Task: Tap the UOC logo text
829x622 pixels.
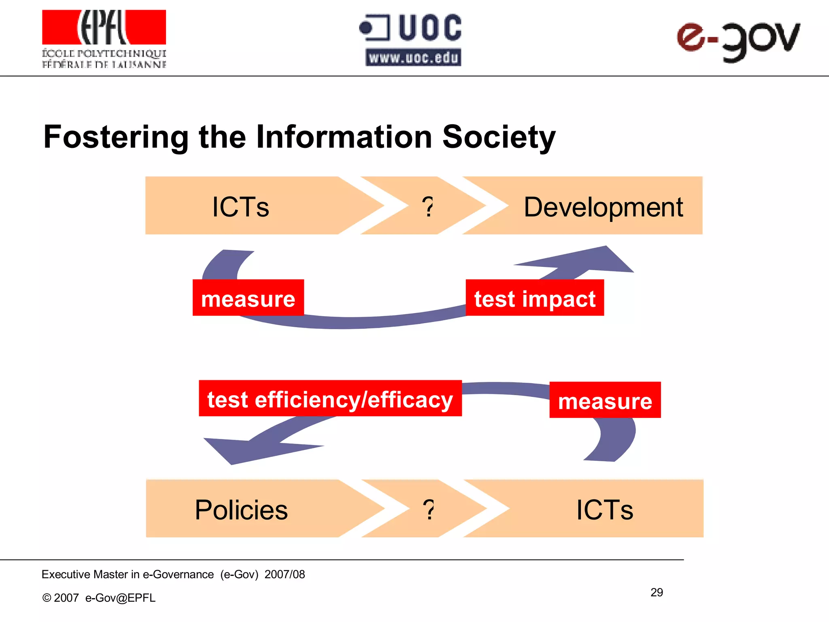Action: (429, 28)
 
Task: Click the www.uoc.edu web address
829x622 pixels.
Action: (413, 58)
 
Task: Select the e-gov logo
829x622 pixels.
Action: (738, 40)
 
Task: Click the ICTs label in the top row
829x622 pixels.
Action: (240, 207)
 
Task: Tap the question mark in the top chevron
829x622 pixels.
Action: (427, 207)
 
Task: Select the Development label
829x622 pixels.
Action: (603, 207)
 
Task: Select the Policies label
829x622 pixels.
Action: (241, 509)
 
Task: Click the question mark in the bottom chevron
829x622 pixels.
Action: (428, 509)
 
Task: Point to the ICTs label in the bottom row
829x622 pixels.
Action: (605, 509)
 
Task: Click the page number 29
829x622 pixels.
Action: (657, 592)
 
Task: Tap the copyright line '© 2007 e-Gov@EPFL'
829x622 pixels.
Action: (99, 598)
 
